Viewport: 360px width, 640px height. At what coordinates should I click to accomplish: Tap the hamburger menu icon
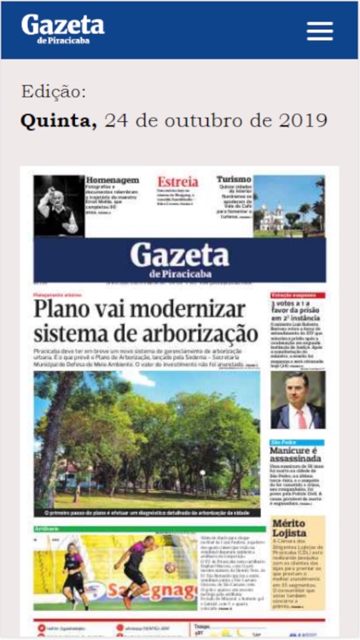[319, 31]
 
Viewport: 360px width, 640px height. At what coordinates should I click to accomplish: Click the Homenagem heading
[113, 181]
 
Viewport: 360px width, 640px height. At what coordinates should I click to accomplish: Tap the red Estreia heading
[177, 183]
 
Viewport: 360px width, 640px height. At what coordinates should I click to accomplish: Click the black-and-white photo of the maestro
[58, 206]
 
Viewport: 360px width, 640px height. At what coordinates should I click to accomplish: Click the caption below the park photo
[147, 513]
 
